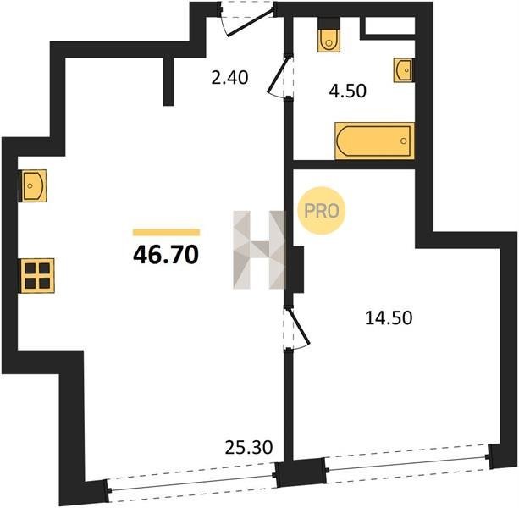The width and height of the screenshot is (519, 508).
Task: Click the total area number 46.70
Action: tap(166, 255)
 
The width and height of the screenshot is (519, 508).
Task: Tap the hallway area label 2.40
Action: tap(229, 78)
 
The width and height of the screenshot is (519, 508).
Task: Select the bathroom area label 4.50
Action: tap(347, 91)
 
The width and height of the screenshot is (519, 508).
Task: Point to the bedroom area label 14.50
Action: tap(389, 318)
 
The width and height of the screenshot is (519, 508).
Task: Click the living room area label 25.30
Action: tap(249, 448)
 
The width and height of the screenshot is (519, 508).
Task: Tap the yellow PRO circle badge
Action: tap(322, 211)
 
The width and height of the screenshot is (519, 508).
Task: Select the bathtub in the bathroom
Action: tap(374, 141)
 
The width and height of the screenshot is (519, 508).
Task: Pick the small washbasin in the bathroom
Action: tap(403, 69)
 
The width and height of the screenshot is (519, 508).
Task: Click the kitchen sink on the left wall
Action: tap(34, 185)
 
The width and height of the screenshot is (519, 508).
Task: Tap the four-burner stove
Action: tap(37, 275)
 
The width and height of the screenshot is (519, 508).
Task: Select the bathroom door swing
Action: tap(279, 75)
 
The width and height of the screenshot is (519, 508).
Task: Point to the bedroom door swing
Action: tap(297, 329)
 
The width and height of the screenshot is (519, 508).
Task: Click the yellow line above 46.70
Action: tap(166, 232)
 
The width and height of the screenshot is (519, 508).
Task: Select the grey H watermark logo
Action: tap(258, 250)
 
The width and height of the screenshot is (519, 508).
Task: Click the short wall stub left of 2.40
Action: tap(168, 81)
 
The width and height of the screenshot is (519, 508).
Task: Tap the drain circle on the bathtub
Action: tap(403, 141)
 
